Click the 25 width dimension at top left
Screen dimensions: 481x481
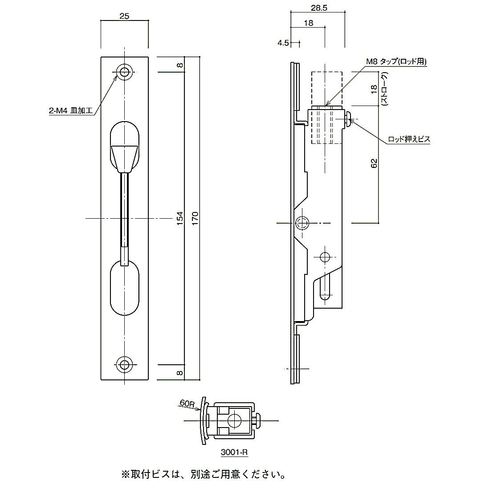pyautogui.click(x=124, y=16)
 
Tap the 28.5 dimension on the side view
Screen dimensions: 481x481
pyautogui.click(x=318, y=8)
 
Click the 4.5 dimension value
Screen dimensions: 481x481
pyautogui.click(x=283, y=43)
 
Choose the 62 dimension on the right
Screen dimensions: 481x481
pyautogui.click(x=375, y=163)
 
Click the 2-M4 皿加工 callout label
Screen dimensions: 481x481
pyautogui.click(x=70, y=111)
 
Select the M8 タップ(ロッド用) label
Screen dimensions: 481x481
pyautogui.click(x=396, y=62)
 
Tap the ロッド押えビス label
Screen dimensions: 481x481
pyautogui.click(x=409, y=139)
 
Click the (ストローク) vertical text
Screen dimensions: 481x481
pyautogui.click(x=383, y=89)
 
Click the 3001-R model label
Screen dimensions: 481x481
pyautogui.click(x=234, y=453)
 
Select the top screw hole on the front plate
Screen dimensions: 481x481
pyautogui.click(x=125, y=72)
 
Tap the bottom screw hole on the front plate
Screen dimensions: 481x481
pyautogui.click(x=125, y=364)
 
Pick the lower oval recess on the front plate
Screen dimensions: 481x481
pyautogui.click(x=124, y=289)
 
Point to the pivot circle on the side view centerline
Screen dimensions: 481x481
pyautogui.click(x=303, y=222)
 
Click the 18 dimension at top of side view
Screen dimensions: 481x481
pyautogui.click(x=308, y=24)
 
